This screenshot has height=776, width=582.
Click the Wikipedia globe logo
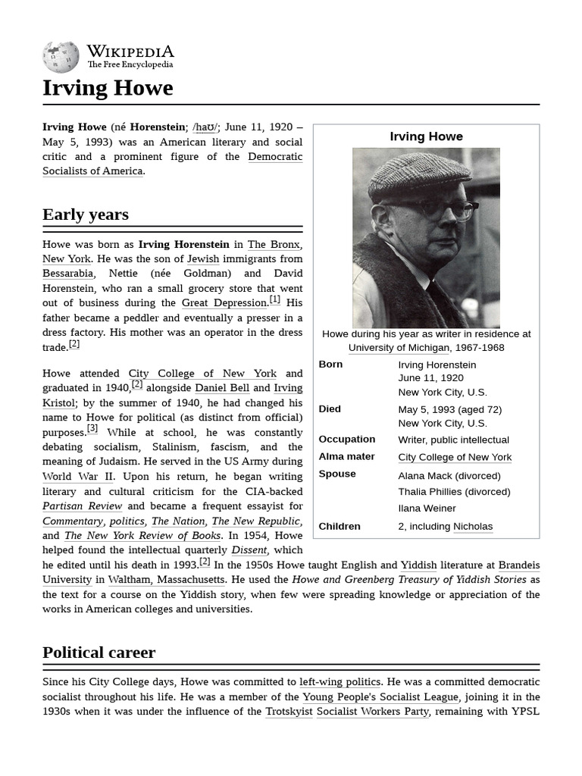(x=61, y=57)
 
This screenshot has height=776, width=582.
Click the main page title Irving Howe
(x=108, y=88)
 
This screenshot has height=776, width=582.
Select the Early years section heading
(x=86, y=214)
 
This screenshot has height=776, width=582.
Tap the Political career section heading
(x=99, y=652)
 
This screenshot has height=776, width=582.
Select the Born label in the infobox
(x=330, y=365)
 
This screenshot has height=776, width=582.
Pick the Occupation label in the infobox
(x=346, y=440)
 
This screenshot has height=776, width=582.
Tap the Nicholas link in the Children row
(x=473, y=527)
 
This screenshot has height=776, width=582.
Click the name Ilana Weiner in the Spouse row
(x=427, y=508)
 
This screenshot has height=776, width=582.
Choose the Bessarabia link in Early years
(x=67, y=274)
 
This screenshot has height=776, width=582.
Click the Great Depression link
(x=224, y=303)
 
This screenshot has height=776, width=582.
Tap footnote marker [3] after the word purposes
(x=92, y=429)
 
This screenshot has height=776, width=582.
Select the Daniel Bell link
(x=221, y=388)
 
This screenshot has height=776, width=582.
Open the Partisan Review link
(x=82, y=506)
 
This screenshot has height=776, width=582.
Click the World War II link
(x=78, y=477)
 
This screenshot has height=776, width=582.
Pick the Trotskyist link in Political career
(x=289, y=712)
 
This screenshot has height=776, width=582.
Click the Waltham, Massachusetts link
(x=166, y=580)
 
